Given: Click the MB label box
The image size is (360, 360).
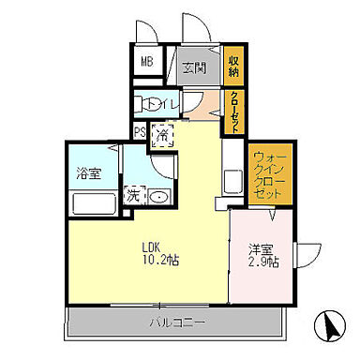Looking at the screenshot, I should (147, 64).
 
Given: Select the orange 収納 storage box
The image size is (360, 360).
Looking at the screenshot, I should (234, 65).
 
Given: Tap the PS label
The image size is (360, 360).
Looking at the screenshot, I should (140, 132).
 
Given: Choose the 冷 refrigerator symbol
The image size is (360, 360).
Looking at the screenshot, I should (161, 134).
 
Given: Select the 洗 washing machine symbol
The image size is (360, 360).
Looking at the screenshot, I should (133, 196).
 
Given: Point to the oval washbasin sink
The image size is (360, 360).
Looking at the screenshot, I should (158, 197).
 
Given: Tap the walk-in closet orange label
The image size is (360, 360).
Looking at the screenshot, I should (268, 176).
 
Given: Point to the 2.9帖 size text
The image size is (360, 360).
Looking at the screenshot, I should (263, 262).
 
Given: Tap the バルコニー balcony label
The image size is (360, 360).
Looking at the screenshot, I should (173, 322).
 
